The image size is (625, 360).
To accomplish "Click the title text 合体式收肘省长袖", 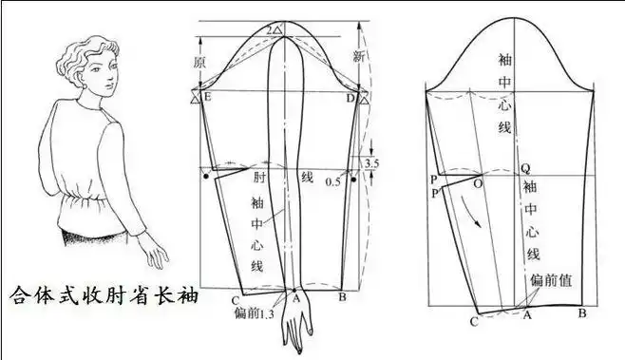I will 104,295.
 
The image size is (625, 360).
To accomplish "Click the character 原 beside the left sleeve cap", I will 199,62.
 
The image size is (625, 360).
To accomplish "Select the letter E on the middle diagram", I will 207,99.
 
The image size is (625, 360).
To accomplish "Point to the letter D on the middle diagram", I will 350,99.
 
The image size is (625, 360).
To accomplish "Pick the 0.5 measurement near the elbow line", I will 333,180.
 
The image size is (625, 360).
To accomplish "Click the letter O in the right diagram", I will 477,180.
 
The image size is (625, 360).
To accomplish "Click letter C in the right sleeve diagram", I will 473,322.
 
